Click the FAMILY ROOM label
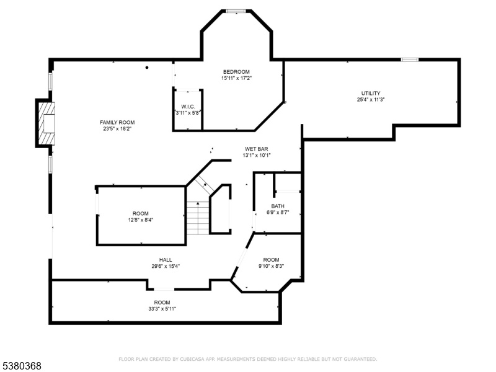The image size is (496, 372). point(117,122)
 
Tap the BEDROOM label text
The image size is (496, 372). point(236,72)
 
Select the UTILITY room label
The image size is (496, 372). point(371,94)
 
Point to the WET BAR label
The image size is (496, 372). point(257,149)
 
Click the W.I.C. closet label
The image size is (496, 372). point(188,107)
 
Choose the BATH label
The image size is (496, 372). point(278,206)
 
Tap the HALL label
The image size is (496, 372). point(166,260)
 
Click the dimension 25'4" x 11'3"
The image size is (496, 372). point(371,100)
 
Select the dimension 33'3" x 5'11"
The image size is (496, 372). point(162,309)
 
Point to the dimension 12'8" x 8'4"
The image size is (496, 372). point(141,220)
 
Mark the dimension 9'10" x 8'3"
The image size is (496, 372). point(272,266)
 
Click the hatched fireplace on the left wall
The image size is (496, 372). point(46,123)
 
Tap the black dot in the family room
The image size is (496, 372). point(147,68)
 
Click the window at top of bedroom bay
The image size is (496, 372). point(236,11)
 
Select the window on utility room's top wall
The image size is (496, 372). point(410,60)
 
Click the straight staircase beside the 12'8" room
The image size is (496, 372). point(198,218)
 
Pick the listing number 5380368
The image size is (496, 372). point(21,366)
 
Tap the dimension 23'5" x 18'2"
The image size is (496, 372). point(117,129)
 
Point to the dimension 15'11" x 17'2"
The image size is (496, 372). point(236,78)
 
